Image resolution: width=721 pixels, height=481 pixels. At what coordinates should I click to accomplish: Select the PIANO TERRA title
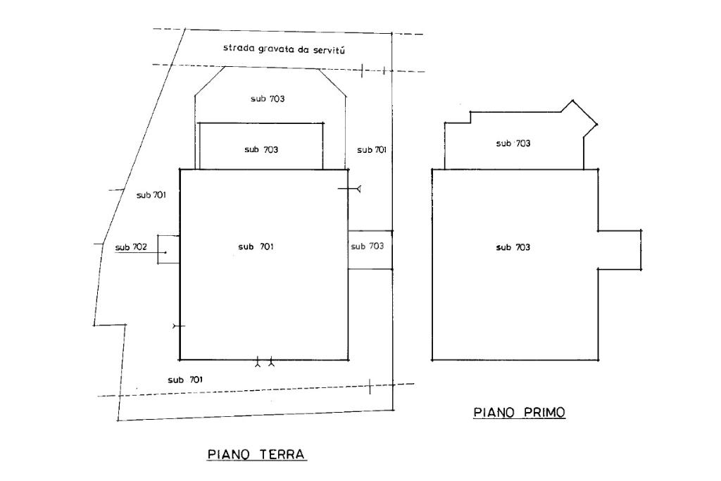click(257, 454)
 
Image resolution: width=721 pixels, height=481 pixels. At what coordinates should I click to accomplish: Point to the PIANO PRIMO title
click(520, 413)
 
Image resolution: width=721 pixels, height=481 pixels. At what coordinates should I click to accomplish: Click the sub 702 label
click(131, 247)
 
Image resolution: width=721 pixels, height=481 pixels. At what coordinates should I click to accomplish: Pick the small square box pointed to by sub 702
click(168, 249)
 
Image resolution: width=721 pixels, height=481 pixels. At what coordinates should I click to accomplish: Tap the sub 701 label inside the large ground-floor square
click(256, 246)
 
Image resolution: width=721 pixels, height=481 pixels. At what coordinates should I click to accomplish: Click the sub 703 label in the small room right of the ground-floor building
click(367, 246)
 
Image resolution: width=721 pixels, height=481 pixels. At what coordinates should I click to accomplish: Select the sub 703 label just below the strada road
click(268, 99)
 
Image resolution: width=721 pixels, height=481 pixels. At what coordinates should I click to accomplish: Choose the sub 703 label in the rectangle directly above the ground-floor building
click(261, 149)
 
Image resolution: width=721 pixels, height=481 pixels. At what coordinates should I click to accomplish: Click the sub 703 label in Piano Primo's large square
click(513, 247)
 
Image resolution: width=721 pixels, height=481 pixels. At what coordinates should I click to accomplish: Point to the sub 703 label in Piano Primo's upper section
click(513, 144)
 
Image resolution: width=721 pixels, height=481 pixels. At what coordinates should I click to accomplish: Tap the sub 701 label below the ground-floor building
click(185, 380)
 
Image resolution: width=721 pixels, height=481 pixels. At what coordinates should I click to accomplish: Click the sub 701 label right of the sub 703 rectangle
click(371, 150)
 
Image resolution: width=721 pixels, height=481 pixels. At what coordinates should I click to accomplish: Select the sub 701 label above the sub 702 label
click(151, 195)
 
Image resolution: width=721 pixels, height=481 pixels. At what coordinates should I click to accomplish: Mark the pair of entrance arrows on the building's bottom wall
click(265, 363)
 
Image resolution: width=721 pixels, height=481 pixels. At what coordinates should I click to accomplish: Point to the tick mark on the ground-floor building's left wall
click(178, 326)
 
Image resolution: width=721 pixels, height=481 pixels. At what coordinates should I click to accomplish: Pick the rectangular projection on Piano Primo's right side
click(620, 249)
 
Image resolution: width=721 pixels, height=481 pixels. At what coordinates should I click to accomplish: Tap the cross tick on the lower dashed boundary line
click(370, 385)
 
